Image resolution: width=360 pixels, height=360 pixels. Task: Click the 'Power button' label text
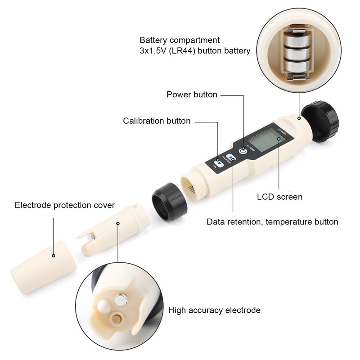coord(192,94)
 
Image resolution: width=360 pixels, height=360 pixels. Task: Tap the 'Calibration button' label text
coord(157,121)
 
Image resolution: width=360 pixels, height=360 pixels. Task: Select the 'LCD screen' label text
coord(279,197)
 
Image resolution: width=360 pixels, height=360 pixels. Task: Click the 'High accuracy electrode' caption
coord(214,310)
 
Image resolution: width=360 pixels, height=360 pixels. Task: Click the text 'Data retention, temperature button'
coord(272,222)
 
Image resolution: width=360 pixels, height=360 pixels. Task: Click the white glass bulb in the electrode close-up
coord(103,307)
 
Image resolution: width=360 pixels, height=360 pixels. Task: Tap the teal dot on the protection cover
coord(54,256)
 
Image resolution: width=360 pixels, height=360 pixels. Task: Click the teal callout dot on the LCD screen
coord(279,139)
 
